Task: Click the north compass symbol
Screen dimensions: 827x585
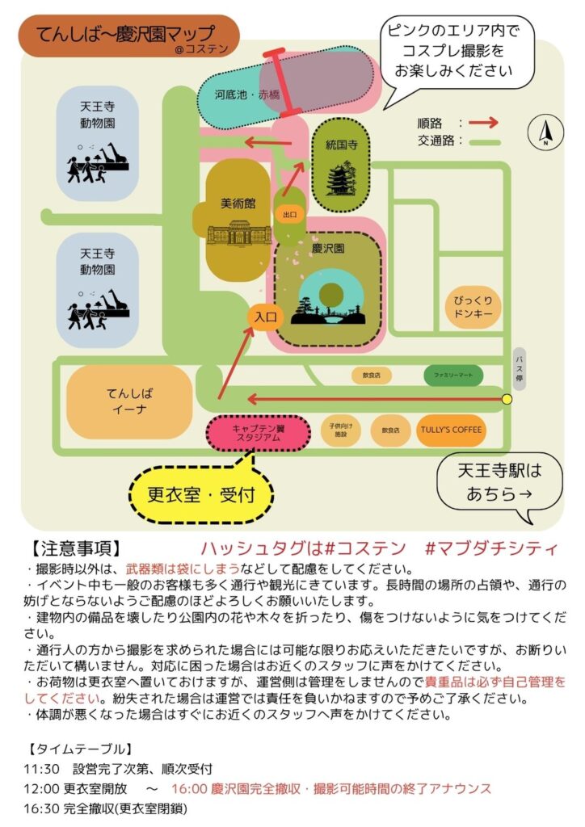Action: (545, 132)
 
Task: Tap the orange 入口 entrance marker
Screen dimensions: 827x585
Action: (266, 317)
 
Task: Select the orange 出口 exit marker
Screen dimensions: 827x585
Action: (289, 215)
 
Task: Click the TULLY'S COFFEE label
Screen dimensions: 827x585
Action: (451, 430)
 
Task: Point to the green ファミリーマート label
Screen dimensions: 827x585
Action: (453, 376)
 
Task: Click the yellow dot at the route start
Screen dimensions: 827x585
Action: (507, 399)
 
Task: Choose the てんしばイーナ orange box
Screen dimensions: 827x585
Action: (129, 401)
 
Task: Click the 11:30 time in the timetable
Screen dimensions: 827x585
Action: (40, 768)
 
